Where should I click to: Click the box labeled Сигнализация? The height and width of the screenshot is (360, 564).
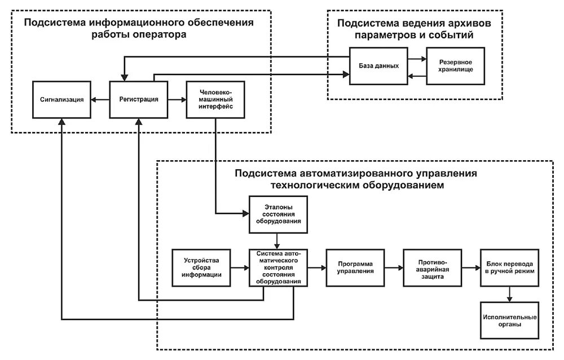62,99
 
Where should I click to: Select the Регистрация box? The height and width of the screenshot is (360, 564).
139,99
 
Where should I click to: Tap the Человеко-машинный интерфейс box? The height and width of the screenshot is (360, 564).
216,99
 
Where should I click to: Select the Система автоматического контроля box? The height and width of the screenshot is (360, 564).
279,268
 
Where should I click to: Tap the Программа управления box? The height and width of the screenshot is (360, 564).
356,268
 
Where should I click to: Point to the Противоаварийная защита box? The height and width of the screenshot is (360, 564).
433,268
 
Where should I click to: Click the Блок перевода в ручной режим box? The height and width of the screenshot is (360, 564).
510,268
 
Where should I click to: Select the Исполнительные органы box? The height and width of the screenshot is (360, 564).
510,321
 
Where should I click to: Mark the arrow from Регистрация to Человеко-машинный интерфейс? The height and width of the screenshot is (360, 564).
177,99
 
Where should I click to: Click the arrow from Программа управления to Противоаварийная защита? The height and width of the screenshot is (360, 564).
394,268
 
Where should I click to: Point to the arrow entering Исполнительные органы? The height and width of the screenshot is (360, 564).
510,294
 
